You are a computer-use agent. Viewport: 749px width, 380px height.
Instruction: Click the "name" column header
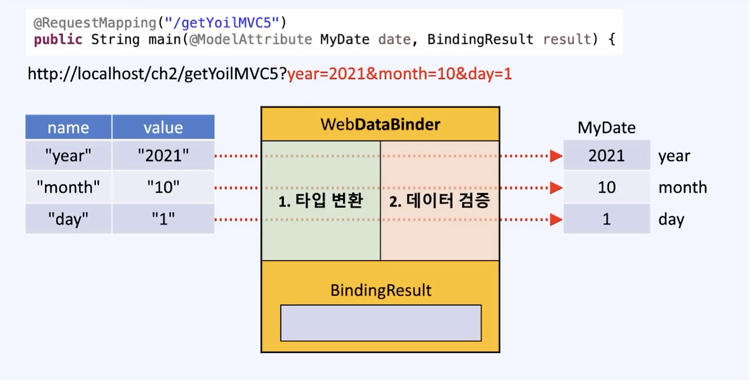pos(68,128)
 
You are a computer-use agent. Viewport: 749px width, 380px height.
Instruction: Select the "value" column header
pos(163,128)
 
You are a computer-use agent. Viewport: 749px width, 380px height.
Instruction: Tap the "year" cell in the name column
pos(68,156)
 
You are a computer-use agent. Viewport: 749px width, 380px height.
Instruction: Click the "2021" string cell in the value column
pos(163,156)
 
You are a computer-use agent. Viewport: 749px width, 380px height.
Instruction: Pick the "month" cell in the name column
pos(68,187)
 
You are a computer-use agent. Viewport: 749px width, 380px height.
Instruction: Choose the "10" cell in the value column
pos(163,187)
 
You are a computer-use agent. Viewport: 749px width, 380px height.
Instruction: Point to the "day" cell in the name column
pos(68,220)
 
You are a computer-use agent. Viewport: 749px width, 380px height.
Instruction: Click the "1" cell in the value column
pos(163,220)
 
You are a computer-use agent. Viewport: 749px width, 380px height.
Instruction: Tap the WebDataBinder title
pos(380,124)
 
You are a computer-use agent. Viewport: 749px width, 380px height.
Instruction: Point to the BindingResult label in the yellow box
pos(380,290)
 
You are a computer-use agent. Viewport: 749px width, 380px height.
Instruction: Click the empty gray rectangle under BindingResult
pos(380,323)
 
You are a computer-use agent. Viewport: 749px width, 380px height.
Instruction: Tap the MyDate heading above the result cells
pos(606,128)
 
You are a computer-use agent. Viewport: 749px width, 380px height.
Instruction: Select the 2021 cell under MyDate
pos(606,156)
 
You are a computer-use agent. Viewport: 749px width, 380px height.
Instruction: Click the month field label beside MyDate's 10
pos(682,187)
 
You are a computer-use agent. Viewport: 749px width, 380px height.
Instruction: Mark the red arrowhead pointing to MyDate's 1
pos(556,220)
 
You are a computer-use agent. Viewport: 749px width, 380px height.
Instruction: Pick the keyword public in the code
pos(59,39)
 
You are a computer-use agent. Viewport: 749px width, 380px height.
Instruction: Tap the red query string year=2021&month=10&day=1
pos(400,74)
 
